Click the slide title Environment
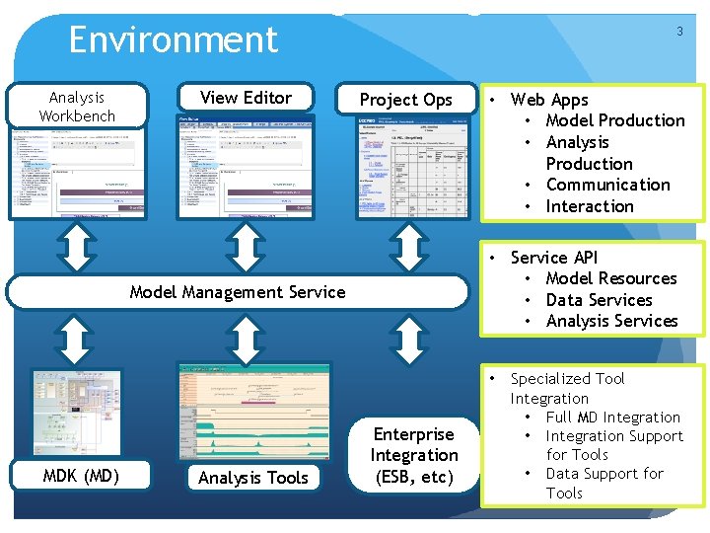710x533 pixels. [174, 40]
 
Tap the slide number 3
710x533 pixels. [679, 32]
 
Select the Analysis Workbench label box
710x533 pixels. [77, 107]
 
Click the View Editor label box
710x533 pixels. [246, 98]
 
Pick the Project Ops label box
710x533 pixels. [405, 100]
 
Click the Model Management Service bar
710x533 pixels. [238, 292]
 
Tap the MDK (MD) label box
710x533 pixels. [81, 477]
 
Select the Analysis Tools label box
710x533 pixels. [253, 478]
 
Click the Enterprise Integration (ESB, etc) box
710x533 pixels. [413, 456]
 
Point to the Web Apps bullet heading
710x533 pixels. [549, 100]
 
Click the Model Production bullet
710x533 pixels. [614, 120]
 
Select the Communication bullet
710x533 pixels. [607, 185]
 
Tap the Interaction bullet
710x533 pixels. [590, 206]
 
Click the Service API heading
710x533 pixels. [554, 258]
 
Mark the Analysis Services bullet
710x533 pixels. [611, 321]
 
